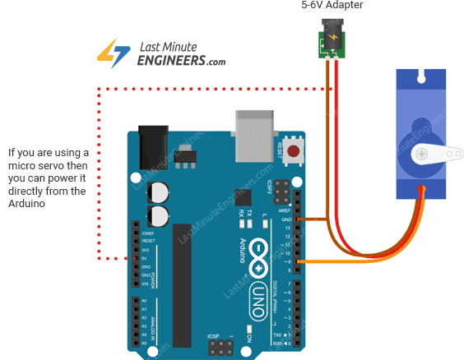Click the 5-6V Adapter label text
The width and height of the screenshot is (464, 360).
[332, 6]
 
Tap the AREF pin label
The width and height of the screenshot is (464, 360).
[284, 210]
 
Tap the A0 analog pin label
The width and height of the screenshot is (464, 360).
[145, 301]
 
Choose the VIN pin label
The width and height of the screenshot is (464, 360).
[146, 283]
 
